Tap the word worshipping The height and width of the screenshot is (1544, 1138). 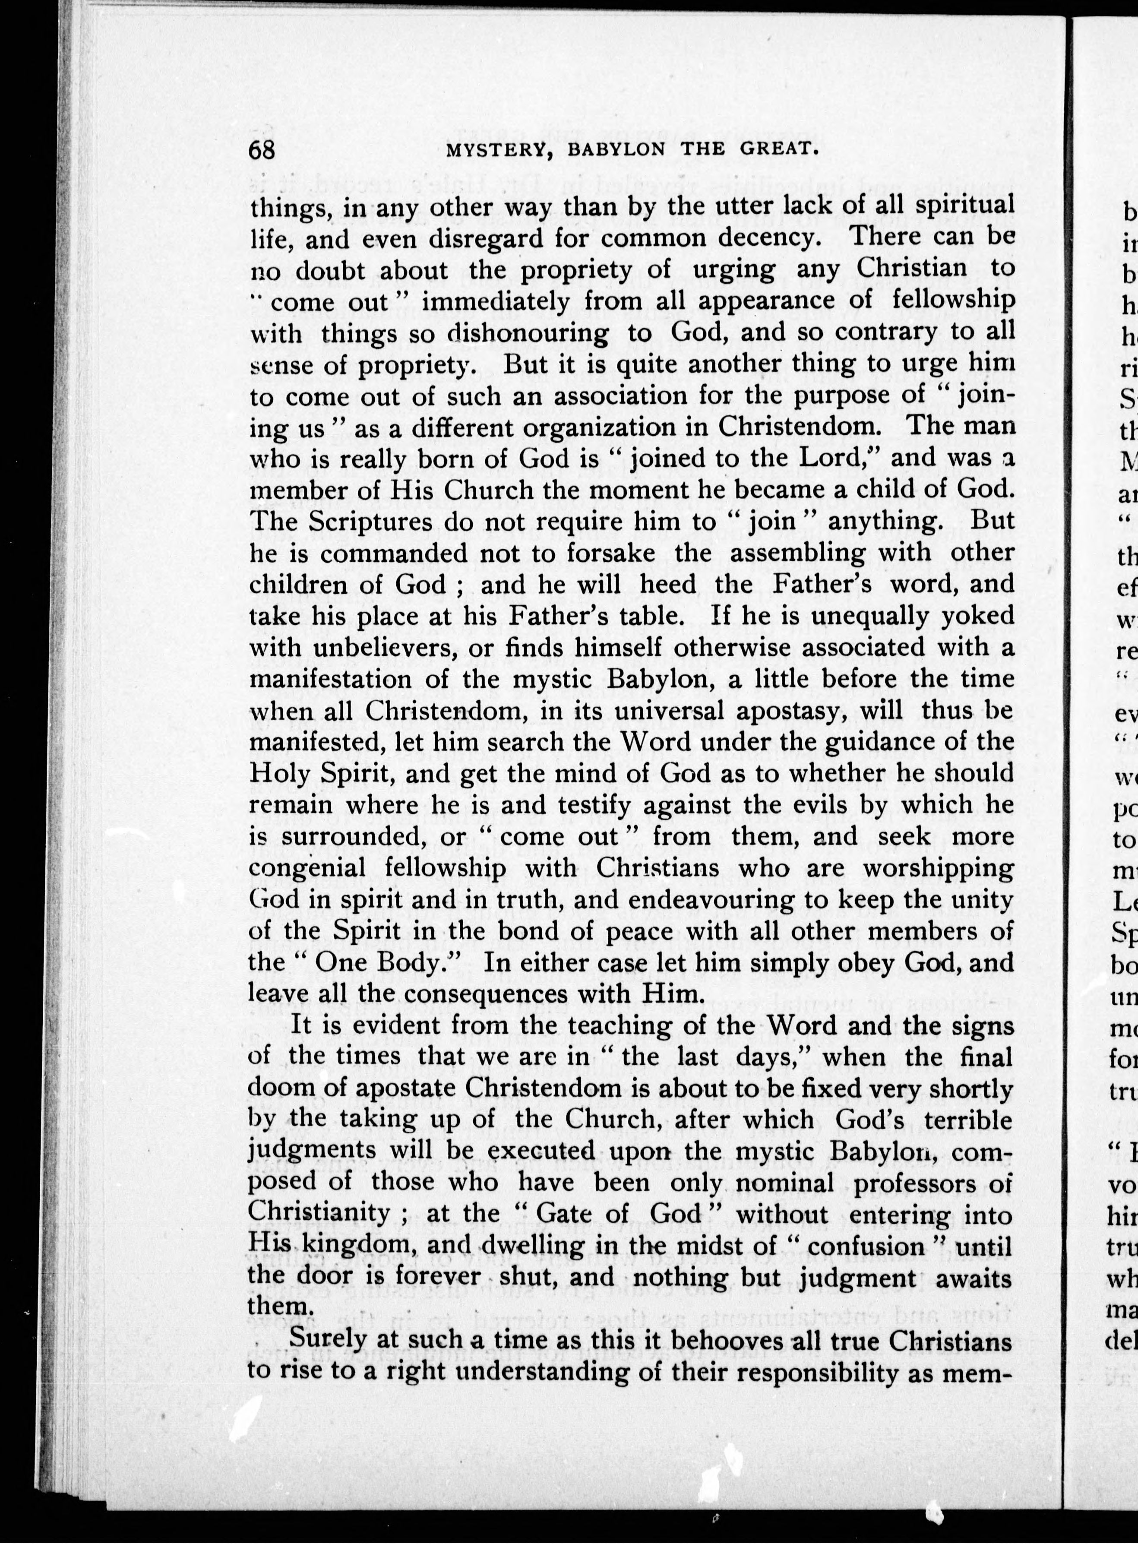tap(938, 868)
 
